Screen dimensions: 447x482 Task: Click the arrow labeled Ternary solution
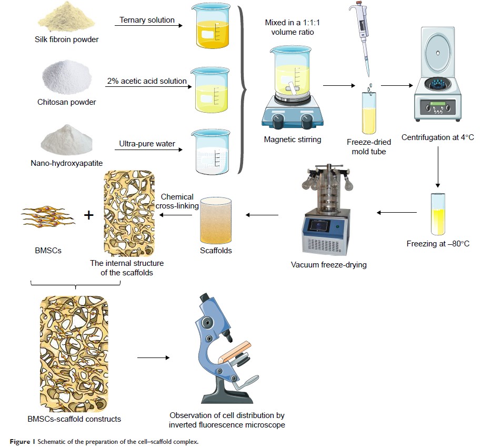tap(148, 26)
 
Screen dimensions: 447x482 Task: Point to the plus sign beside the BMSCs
tap(89, 214)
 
